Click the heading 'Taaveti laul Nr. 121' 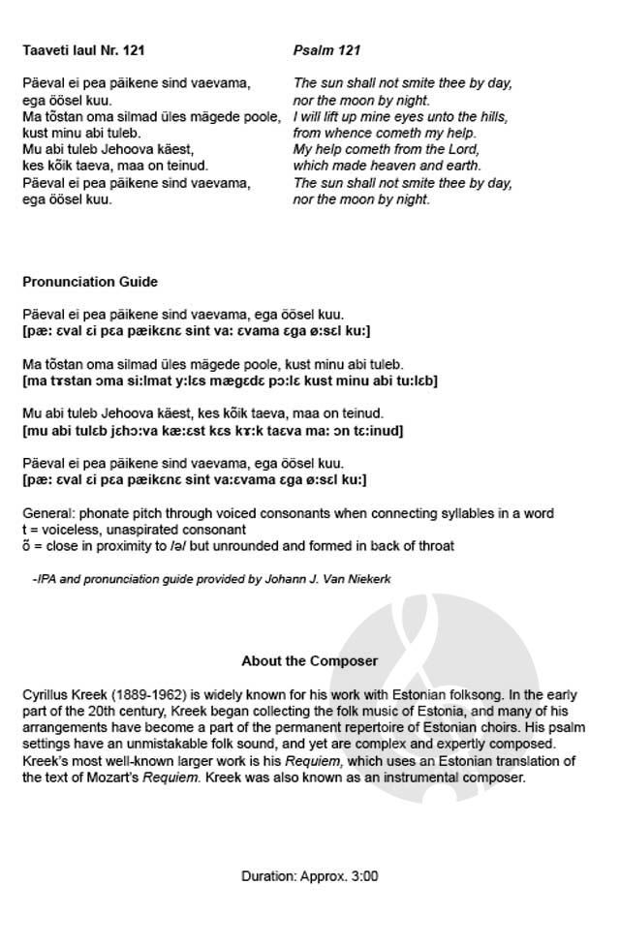click(x=83, y=49)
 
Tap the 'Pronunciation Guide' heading click(x=90, y=282)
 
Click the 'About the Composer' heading click(x=309, y=661)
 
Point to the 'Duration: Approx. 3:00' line click(x=309, y=876)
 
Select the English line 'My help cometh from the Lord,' click(x=386, y=149)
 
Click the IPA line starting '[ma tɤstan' click(x=230, y=381)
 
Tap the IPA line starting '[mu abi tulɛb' click(x=212, y=430)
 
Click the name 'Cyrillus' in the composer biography click(x=46, y=695)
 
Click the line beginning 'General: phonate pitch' click(x=288, y=513)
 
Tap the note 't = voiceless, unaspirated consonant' click(x=135, y=530)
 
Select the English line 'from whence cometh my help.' click(x=384, y=133)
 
